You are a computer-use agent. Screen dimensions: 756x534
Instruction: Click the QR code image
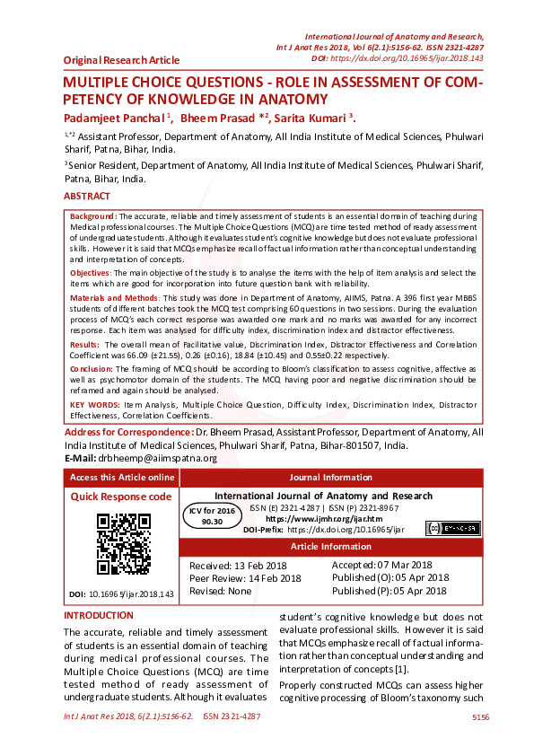[123, 543]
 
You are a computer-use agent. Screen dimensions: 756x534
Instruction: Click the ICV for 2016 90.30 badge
[212, 514]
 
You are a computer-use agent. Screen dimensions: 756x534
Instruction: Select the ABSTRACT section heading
[87, 196]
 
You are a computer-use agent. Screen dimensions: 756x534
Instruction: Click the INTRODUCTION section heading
[98, 616]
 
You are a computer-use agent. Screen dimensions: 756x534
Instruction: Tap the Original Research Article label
[121, 60]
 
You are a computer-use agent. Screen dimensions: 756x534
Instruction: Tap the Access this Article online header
[122, 478]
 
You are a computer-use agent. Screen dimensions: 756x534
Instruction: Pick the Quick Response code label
[120, 497]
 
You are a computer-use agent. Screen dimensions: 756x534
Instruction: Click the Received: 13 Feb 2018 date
[240, 565]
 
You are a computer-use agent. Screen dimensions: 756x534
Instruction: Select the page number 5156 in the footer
[480, 717]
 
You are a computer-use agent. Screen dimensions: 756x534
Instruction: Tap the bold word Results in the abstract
[84, 344]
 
